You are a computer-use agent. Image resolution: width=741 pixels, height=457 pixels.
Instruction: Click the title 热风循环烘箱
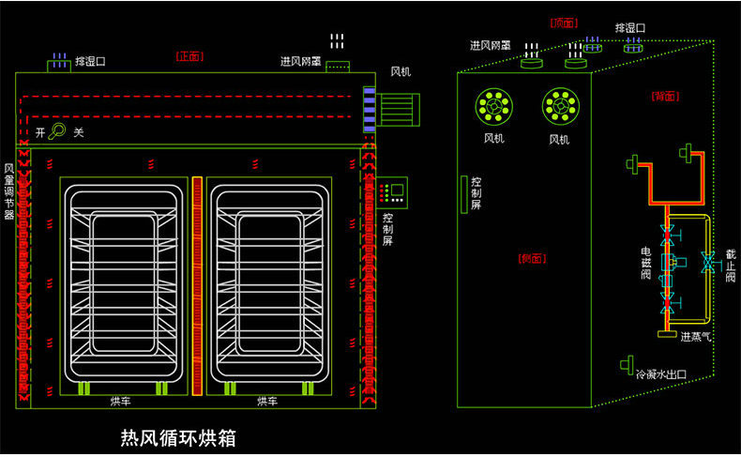pyautogui.click(x=178, y=437)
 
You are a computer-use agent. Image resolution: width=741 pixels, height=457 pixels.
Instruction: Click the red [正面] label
pyautogui.click(x=189, y=56)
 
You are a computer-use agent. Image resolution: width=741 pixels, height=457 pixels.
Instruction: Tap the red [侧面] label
pyautogui.click(x=531, y=258)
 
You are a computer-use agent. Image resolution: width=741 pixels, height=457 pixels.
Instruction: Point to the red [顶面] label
pyautogui.click(x=564, y=23)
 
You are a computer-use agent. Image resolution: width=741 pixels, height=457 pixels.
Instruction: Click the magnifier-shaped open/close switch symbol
pyautogui.click(x=58, y=131)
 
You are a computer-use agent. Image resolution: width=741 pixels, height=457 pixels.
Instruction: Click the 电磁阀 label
pyautogui.click(x=645, y=265)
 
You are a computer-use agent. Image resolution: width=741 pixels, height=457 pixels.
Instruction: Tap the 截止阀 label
pyautogui.click(x=730, y=267)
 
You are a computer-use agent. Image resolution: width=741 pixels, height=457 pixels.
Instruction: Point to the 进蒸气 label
pyautogui.click(x=695, y=336)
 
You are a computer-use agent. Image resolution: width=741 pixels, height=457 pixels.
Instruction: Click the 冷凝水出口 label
pyautogui.click(x=661, y=374)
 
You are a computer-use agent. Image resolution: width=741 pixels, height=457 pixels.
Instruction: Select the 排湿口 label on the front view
pyautogui.click(x=92, y=61)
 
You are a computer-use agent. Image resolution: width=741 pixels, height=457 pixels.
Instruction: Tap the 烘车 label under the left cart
pyautogui.click(x=121, y=402)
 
